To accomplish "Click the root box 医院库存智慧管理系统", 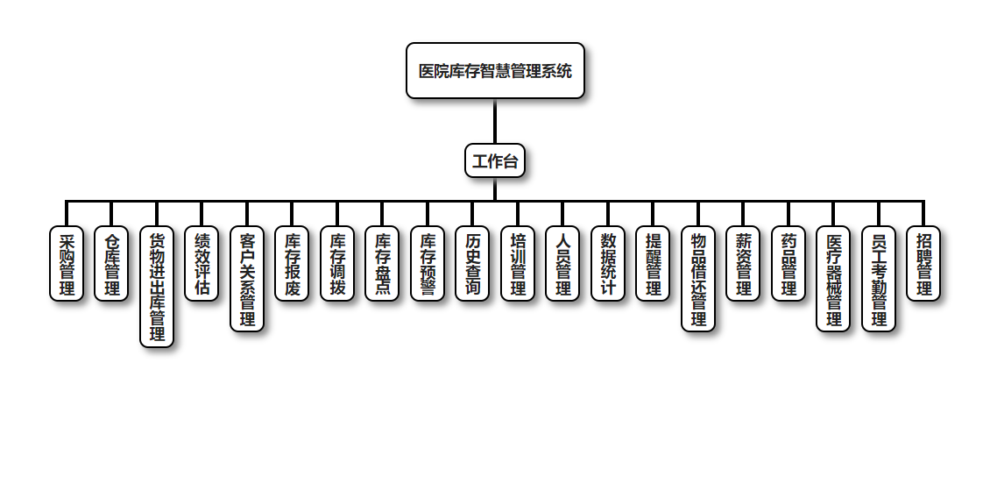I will pos(495,71).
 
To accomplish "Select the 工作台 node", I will pos(495,160).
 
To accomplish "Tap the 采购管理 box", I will pos(67,264).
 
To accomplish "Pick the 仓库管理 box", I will pos(111,264).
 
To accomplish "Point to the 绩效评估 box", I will pos(202,264).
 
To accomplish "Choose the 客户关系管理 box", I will pos(247,279).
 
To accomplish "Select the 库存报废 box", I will pos(292,264).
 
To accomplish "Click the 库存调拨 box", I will pos(337,264).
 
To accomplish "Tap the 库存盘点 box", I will pos(382,264).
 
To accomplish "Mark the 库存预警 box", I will pos(428,264).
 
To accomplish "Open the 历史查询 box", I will pos(472,264).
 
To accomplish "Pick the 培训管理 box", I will pos(518,264).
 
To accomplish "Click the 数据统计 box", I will pos(608,264).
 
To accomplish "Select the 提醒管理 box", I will pos(653,264).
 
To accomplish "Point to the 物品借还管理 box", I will pos(698,279).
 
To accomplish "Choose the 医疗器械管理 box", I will pos(833,279).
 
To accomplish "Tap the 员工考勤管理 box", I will pos(879,279).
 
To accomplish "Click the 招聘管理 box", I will pos(923,264).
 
